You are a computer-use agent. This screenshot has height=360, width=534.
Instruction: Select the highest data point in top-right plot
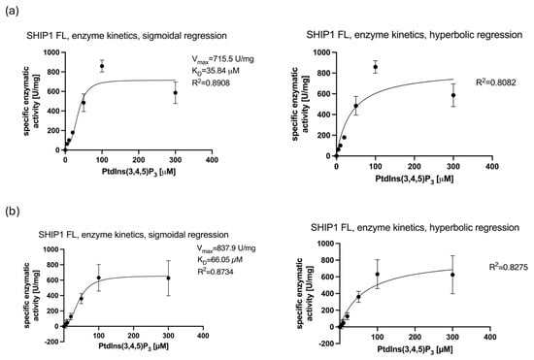click(375, 67)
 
